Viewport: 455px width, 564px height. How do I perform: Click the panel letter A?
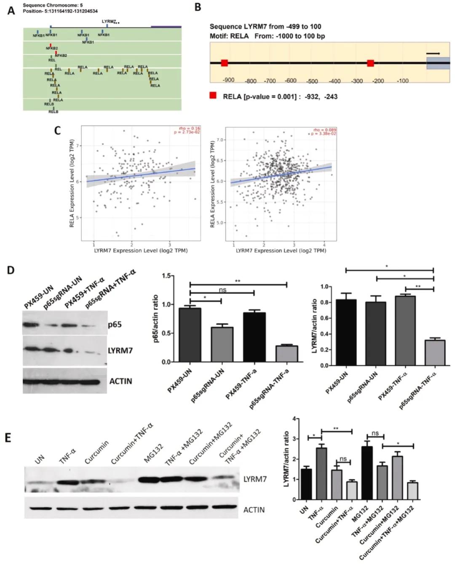point(11,10)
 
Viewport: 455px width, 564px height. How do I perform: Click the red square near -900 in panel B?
point(225,63)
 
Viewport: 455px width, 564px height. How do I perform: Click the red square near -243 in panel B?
point(370,63)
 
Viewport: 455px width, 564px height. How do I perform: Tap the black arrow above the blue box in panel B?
point(433,53)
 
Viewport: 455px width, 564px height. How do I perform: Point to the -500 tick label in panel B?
point(312,81)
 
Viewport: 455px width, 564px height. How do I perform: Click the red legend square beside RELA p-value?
point(214,96)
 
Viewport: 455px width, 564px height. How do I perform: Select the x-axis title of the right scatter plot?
point(281,251)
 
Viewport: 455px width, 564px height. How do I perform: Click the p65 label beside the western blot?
point(115,325)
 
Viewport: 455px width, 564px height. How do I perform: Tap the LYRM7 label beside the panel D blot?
point(120,350)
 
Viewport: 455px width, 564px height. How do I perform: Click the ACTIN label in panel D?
point(120,381)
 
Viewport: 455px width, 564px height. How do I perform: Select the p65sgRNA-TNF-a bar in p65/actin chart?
point(286,353)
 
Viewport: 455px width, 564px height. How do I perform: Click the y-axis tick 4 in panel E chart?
point(296,419)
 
